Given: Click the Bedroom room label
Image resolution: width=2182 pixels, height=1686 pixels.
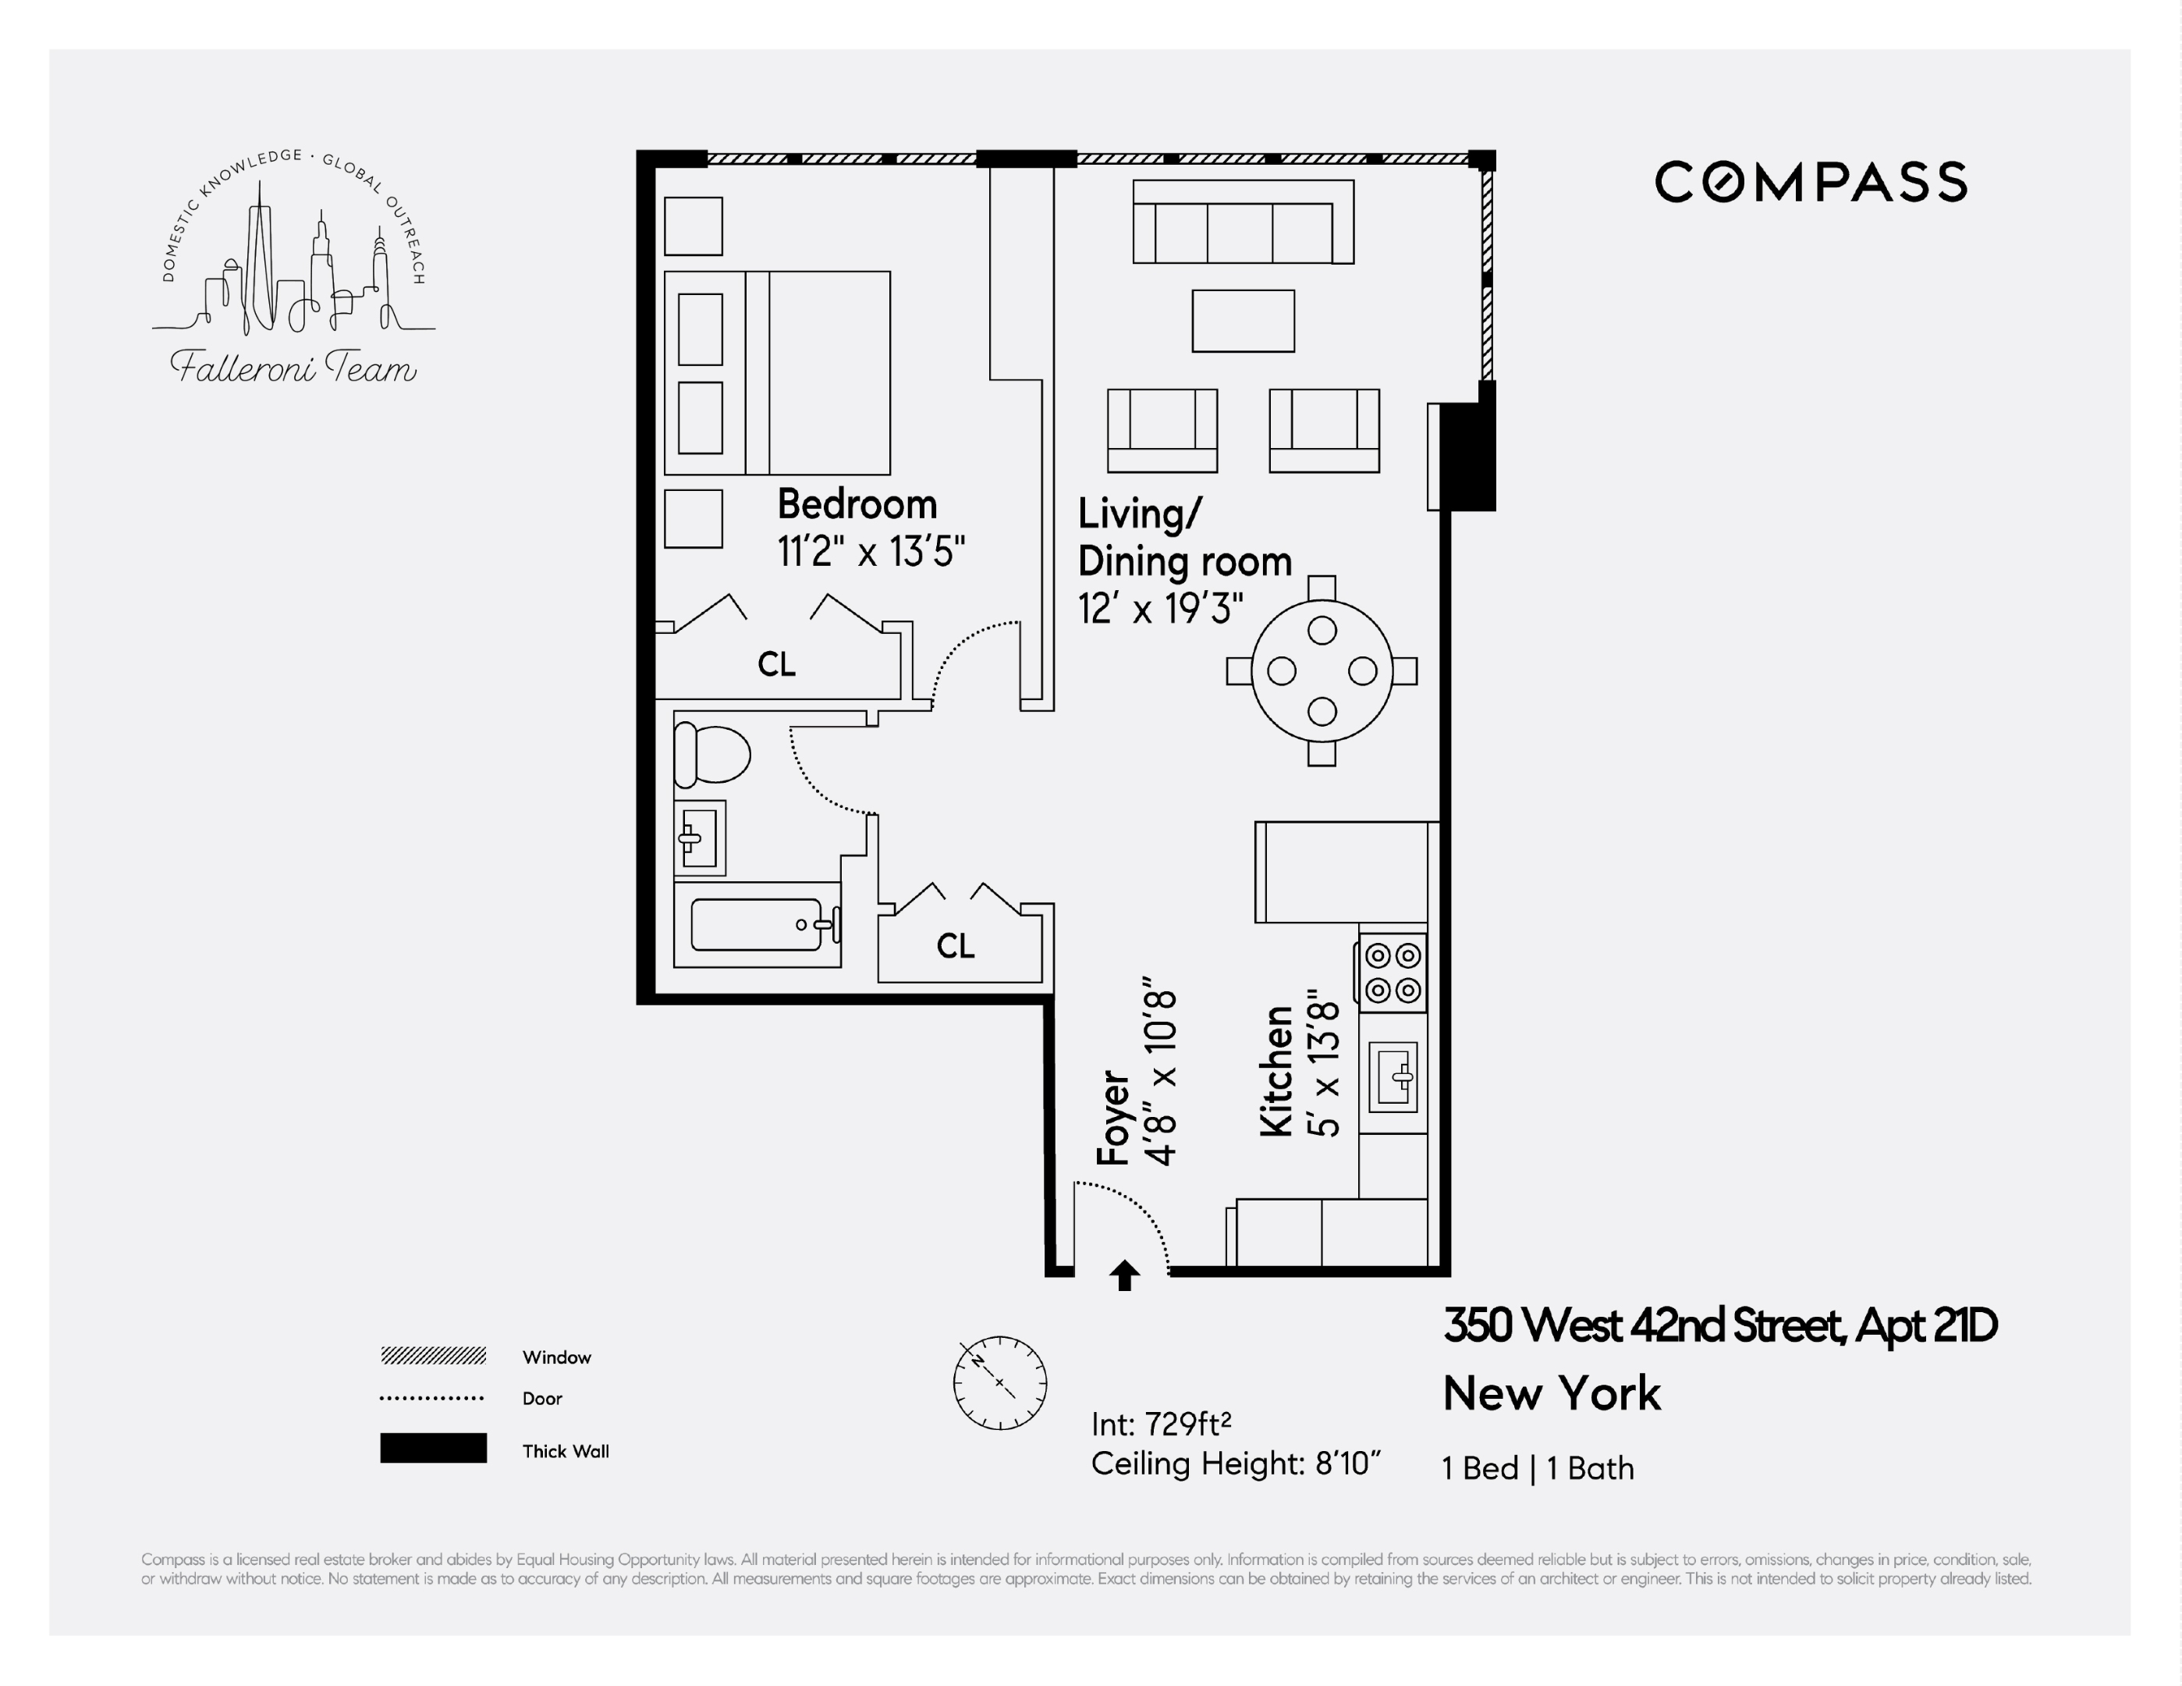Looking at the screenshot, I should pyautogui.click(x=857, y=505).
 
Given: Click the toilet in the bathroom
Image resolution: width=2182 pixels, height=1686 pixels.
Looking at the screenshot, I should pyautogui.click(x=711, y=755).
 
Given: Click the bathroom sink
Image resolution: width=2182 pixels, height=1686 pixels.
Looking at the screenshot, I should pyautogui.click(x=698, y=838).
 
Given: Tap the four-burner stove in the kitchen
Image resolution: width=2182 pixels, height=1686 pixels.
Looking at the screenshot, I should pyautogui.click(x=1393, y=973).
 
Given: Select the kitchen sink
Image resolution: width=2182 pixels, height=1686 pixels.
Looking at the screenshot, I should pyautogui.click(x=1393, y=1077).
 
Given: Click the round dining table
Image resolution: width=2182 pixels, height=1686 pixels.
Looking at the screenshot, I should pyautogui.click(x=1321, y=670).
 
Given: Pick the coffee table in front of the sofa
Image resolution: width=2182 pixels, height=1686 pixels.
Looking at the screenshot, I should pyautogui.click(x=1243, y=321).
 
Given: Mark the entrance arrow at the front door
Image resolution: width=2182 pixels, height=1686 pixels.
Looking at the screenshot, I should pyautogui.click(x=1125, y=1275).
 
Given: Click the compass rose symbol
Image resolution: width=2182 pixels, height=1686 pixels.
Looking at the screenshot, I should pyautogui.click(x=999, y=1382).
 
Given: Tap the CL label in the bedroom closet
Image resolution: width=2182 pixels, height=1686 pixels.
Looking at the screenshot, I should pyautogui.click(x=776, y=664).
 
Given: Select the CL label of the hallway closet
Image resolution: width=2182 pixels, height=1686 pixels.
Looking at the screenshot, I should pyautogui.click(x=955, y=945).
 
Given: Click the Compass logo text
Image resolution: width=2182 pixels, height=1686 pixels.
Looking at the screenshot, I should pyautogui.click(x=1811, y=183).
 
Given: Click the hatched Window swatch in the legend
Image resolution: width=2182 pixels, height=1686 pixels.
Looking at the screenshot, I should pyautogui.click(x=433, y=1356).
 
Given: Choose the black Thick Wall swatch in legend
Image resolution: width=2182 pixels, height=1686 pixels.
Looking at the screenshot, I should pyautogui.click(x=433, y=1448).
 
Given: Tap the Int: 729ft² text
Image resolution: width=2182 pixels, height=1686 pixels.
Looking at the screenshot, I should pyautogui.click(x=1161, y=1423).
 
